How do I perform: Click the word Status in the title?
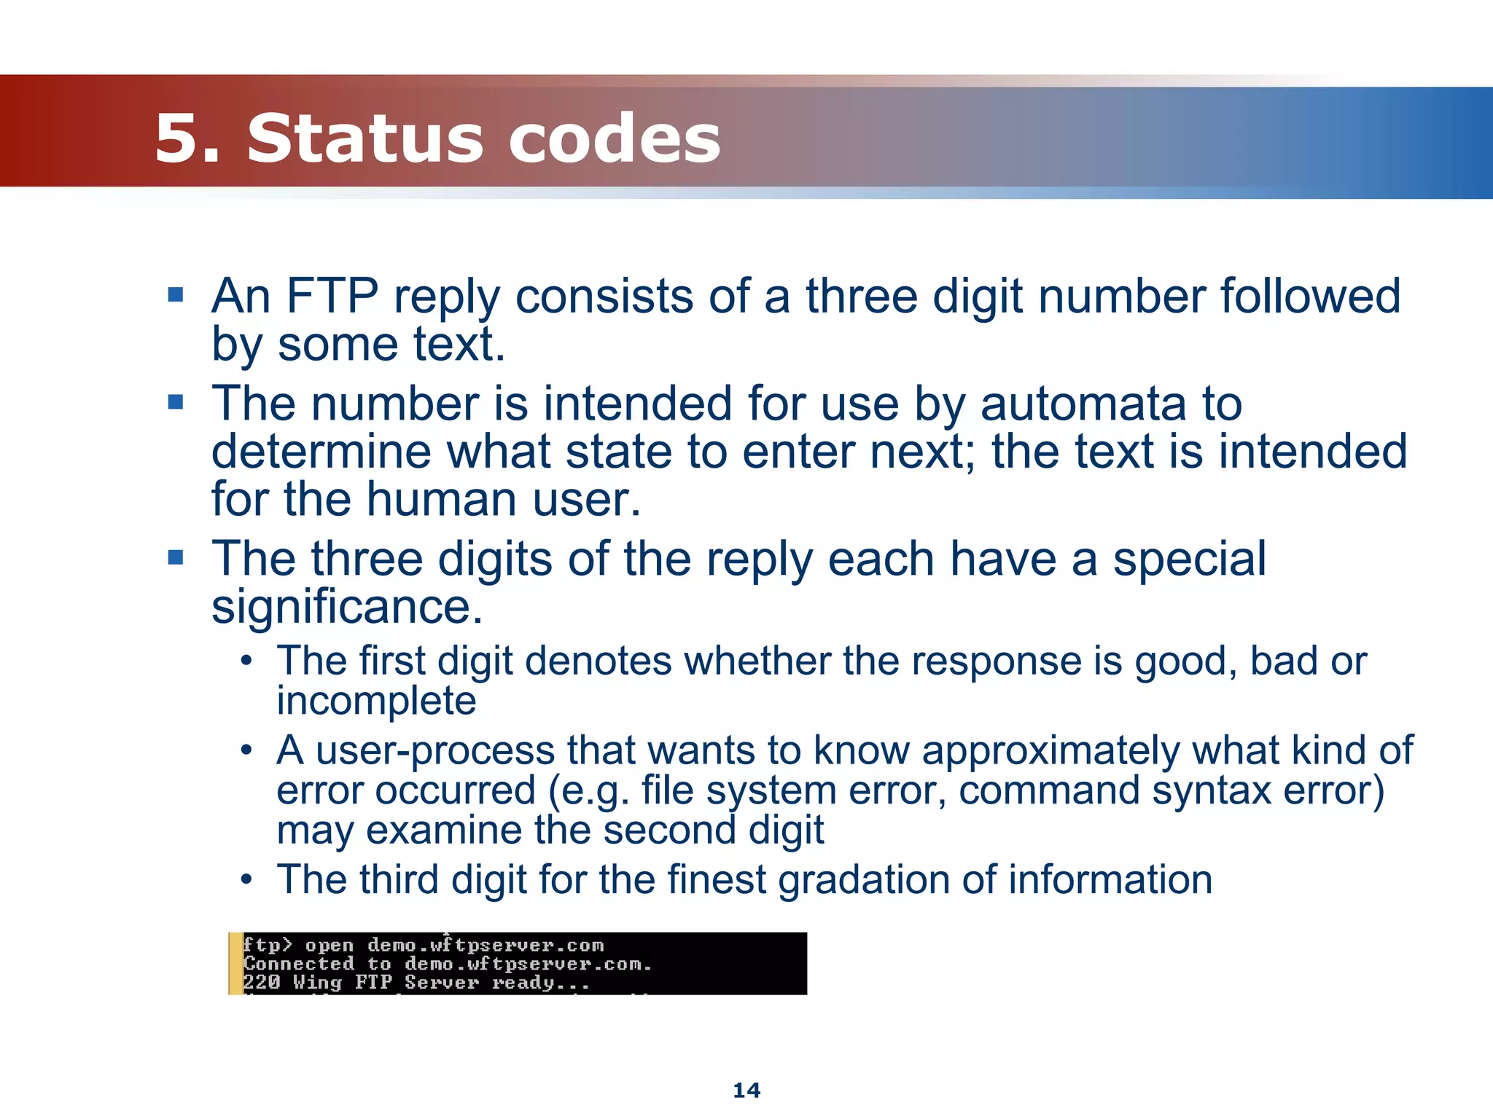click(365, 138)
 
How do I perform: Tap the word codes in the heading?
click(614, 138)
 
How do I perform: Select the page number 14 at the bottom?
click(746, 1091)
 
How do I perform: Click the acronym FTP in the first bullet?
click(332, 297)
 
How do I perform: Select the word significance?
click(347, 606)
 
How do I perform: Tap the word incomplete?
click(376, 701)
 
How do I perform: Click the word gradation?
click(862, 879)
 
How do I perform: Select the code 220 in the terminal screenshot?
click(261, 983)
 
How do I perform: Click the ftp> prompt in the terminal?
click(267, 946)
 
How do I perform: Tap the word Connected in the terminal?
click(298, 964)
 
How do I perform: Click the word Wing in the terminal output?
click(317, 983)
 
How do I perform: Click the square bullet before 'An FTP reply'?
click(175, 295)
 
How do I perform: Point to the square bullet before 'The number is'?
click(175, 402)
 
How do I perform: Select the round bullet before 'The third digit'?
click(247, 879)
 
